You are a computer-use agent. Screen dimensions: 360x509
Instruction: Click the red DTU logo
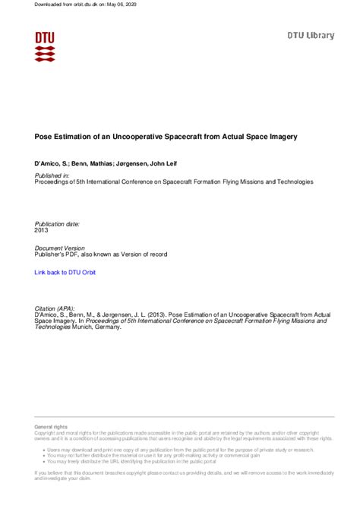pos(45,46)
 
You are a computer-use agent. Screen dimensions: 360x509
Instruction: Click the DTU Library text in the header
pos(310,36)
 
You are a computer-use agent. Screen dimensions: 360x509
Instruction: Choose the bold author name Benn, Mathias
pos(101,164)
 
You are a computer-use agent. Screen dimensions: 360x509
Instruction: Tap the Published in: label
pos(52,175)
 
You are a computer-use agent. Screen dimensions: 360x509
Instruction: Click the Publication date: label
pos(57,223)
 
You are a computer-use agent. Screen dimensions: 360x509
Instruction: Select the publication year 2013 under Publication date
pos(43,230)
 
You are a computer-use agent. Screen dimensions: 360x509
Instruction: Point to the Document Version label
pos(60,248)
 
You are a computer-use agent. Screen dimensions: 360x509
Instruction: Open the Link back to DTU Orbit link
pos(67,271)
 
